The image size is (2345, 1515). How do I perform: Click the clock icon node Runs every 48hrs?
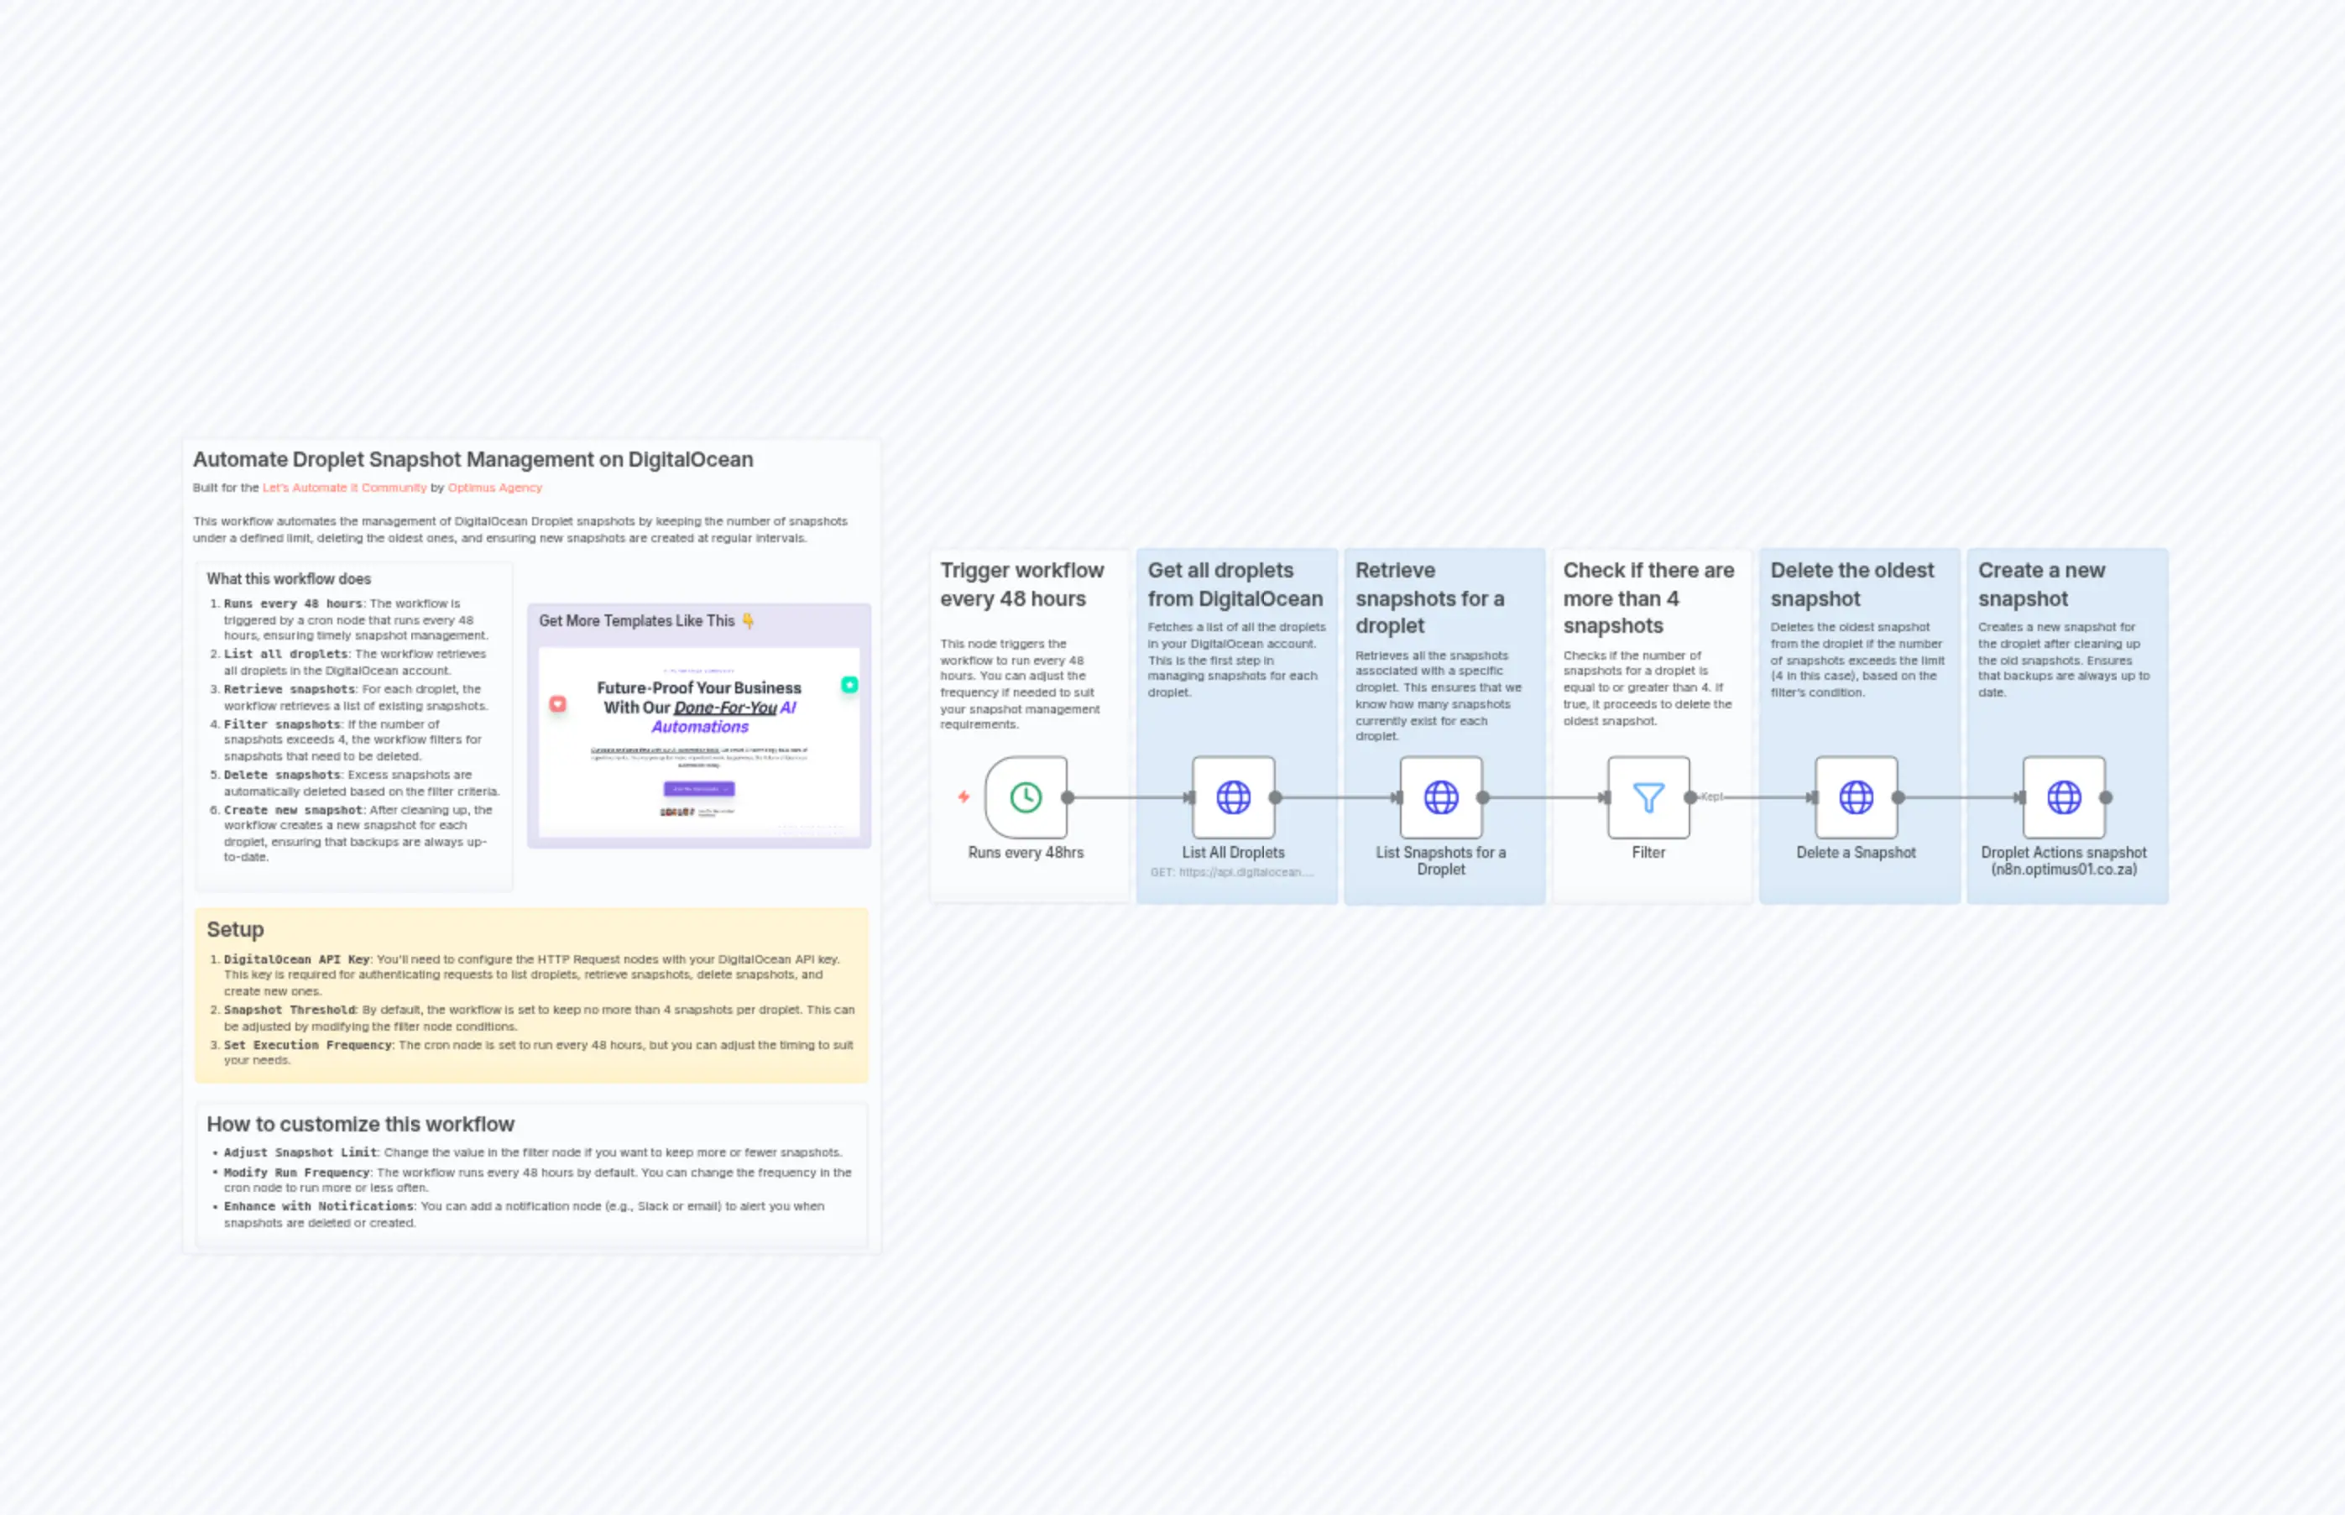click(x=1025, y=797)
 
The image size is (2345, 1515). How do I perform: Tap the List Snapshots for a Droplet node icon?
click(x=1440, y=797)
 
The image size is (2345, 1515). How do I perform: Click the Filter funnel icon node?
click(x=1648, y=797)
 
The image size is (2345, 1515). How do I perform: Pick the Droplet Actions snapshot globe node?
click(x=2063, y=797)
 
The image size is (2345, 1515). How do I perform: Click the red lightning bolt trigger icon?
click(x=964, y=797)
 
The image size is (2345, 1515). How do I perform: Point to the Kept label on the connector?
click(x=1711, y=797)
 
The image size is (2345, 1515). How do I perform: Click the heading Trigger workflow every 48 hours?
click(x=1021, y=584)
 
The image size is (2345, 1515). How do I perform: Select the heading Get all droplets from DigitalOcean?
click(x=1235, y=584)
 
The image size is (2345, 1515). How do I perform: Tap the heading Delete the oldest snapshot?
click(x=1851, y=584)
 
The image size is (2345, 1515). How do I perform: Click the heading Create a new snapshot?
click(x=2041, y=584)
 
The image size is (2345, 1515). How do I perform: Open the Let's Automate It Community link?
click(x=344, y=488)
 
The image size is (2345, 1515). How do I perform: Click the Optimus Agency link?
click(x=495, y=488)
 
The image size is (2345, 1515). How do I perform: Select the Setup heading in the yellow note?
click(x=235, y=930)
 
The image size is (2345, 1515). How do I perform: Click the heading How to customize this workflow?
click(x=360, y=1125)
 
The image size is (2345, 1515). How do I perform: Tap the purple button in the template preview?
click(x=698, y=789)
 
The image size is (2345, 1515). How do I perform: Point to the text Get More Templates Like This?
click(x=636, y=621)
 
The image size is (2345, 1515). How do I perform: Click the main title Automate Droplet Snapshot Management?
click(x=473, y=459)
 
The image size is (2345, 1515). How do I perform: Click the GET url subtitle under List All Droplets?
click(x=1231, y=873)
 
